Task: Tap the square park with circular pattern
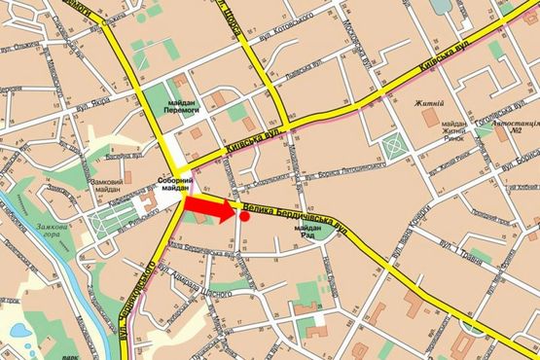[x=393, y=148]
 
